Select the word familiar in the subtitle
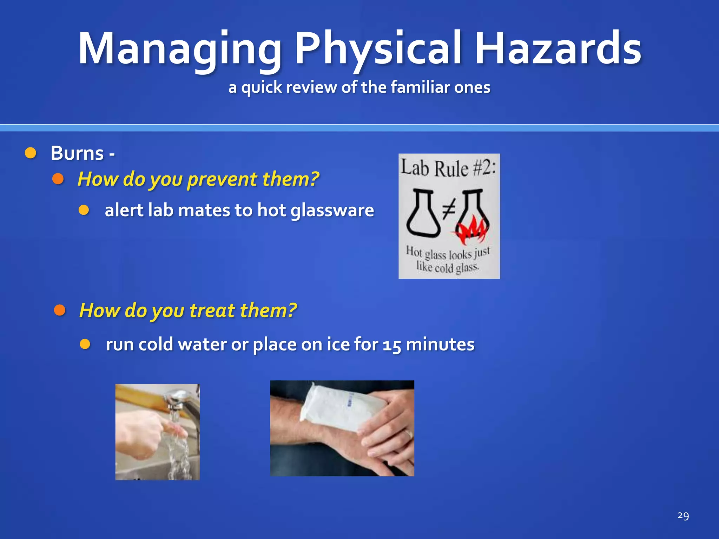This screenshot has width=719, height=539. (420, 87)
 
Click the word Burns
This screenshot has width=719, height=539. (77, 153)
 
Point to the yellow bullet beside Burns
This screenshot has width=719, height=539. (31, 153)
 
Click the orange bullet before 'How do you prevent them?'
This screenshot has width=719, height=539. (58, 179)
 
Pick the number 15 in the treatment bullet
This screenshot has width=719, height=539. (392, 345)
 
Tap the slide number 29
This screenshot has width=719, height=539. (683, 515)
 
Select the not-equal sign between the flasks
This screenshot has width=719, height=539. (448, 209)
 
